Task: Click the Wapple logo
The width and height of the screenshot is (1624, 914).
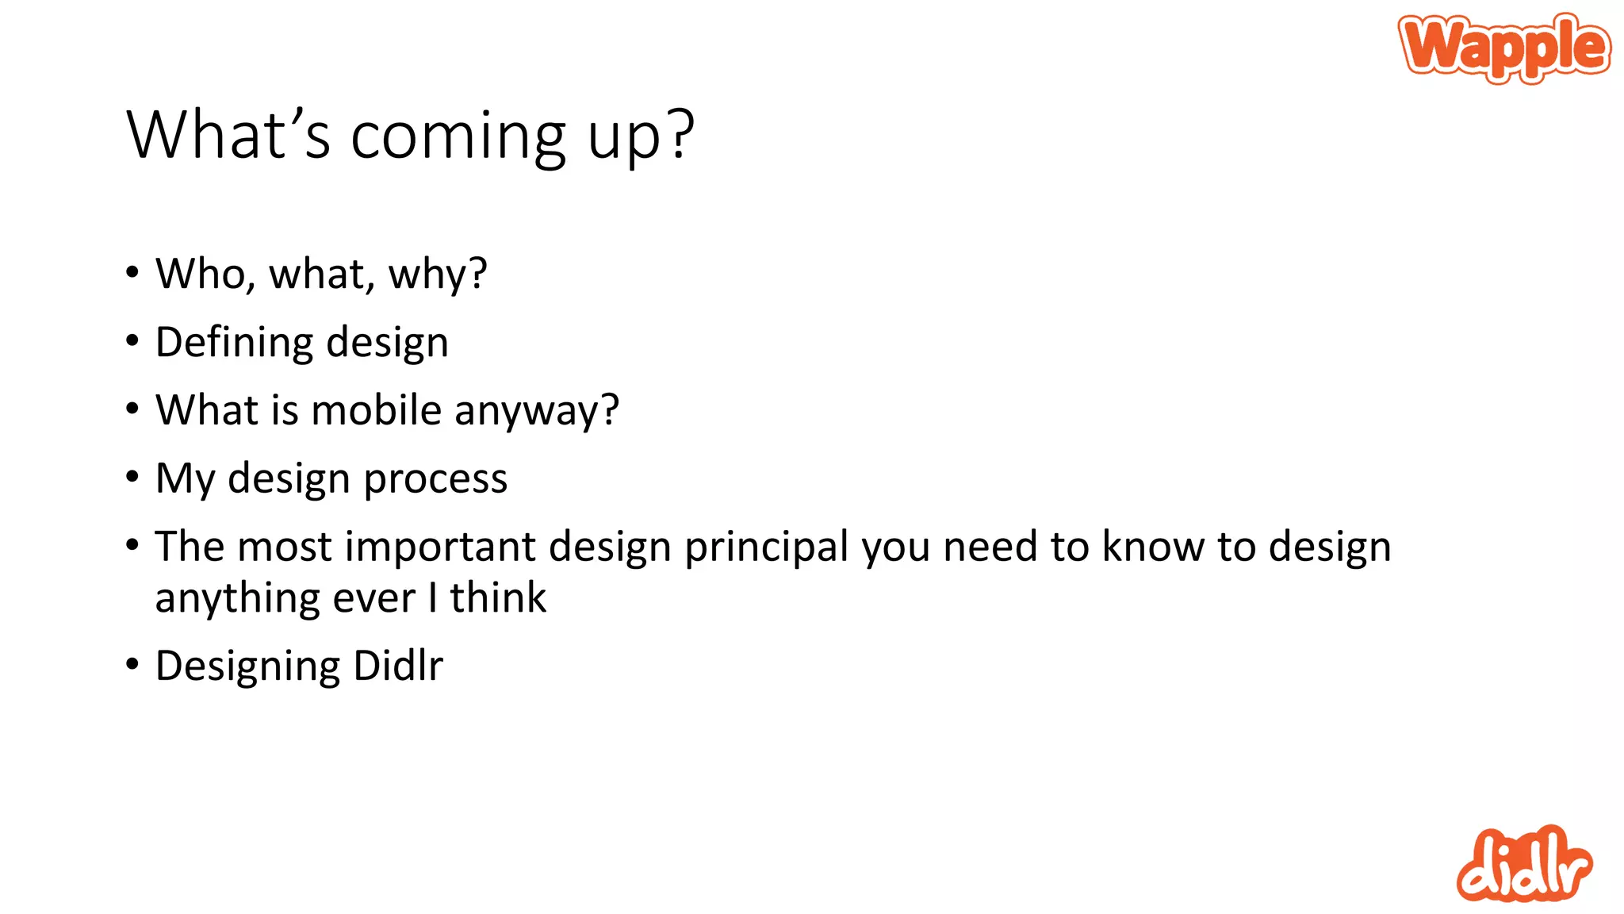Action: [1504, 48]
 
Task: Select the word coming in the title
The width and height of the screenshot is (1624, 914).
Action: [458, 136]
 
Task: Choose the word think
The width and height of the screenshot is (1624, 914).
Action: [498, 597]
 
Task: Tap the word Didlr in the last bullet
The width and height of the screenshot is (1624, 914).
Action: [398, 666]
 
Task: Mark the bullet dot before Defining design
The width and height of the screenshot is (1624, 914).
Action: [132, 340]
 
